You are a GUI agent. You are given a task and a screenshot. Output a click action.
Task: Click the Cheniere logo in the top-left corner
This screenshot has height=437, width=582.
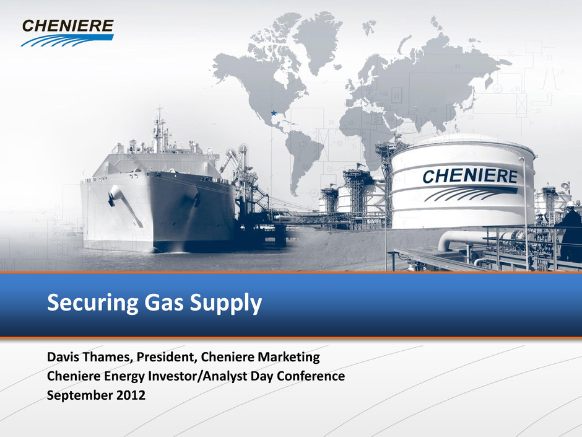(x=67, y=33)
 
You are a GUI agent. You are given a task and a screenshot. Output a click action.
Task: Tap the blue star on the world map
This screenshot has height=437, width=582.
(x=274, y=113)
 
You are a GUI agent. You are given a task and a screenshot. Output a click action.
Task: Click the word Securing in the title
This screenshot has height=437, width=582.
(x=92, y=302)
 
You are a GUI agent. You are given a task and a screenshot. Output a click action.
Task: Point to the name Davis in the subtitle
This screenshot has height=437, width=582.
(x=61, y=357)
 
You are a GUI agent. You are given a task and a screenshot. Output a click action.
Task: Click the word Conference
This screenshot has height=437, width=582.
(x=311, y=376)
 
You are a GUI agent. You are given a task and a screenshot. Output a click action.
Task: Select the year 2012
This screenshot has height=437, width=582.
(x=131, y=395)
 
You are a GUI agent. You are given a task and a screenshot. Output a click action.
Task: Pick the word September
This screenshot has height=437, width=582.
(x=79, y=395)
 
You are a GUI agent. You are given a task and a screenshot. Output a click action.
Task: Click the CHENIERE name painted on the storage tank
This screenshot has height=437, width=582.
(x=470, y=176)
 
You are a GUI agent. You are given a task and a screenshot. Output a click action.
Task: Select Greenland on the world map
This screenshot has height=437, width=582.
(x=318, y=38)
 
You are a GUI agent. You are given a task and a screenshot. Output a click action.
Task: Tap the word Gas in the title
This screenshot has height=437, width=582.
(x=163, y=302)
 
